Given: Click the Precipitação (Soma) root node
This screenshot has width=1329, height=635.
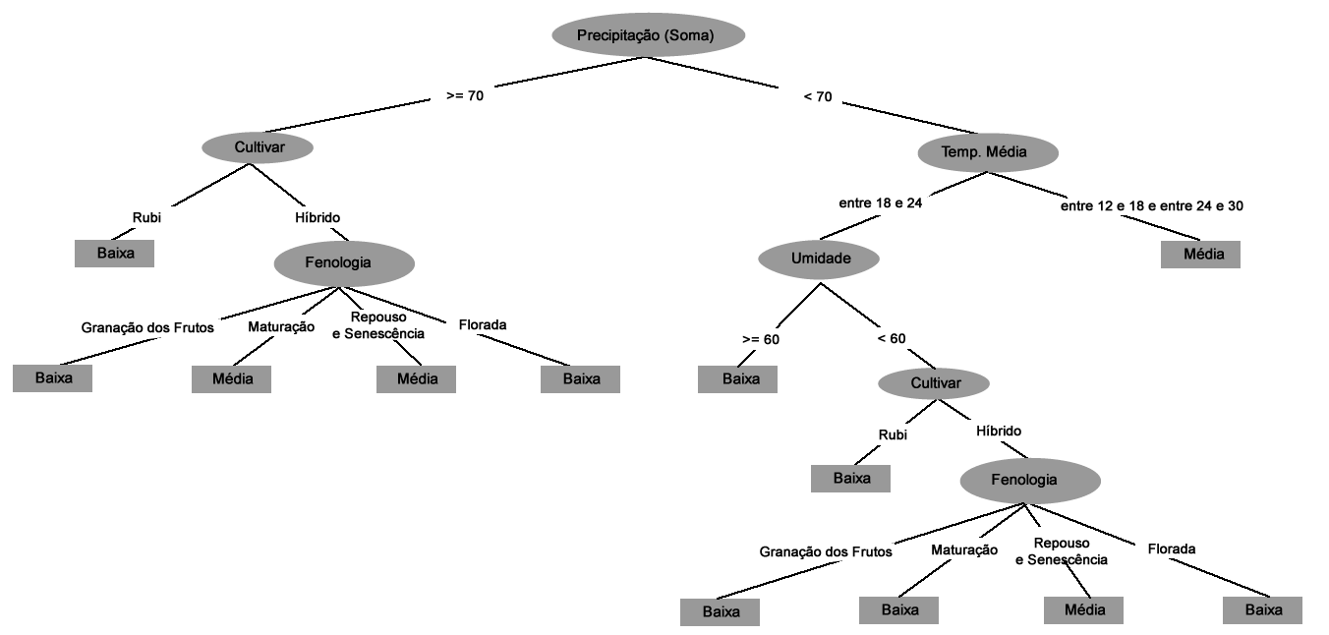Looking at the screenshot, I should click(648, 36).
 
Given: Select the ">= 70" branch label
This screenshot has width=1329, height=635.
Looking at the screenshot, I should click(465, 96).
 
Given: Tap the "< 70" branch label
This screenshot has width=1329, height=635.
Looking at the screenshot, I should click(818, 96).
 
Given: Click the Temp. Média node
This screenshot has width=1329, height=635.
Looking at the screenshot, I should click(988, 152).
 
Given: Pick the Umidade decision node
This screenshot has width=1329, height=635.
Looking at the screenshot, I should click(819, 259).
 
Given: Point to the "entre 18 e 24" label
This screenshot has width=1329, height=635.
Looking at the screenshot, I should click(880, 203).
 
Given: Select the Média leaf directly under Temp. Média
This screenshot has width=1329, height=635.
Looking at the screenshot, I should click(1200, 254).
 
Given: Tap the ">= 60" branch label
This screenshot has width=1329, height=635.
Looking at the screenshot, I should click(761, 339).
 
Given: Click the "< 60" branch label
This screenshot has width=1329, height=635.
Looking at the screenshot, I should click(892, 339).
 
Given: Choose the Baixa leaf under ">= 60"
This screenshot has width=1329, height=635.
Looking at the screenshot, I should click(737, 379).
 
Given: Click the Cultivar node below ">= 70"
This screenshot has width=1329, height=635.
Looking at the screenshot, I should click(258, 147).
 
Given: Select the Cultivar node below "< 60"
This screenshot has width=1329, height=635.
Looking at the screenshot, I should click(934, 382).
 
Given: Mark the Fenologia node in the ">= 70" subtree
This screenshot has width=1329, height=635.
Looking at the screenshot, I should click(344, 263).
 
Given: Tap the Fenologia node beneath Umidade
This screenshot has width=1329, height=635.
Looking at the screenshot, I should click(1030, 481).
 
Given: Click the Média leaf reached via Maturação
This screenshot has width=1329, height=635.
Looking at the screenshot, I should click(231, 378).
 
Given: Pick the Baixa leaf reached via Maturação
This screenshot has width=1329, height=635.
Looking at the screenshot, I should click(898, 610).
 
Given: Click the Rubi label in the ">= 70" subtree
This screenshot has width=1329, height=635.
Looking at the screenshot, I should click(146, 217).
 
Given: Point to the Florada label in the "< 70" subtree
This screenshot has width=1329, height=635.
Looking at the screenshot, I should click(1172, 549).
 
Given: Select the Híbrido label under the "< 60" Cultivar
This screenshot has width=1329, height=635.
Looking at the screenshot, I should click(999, 432).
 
